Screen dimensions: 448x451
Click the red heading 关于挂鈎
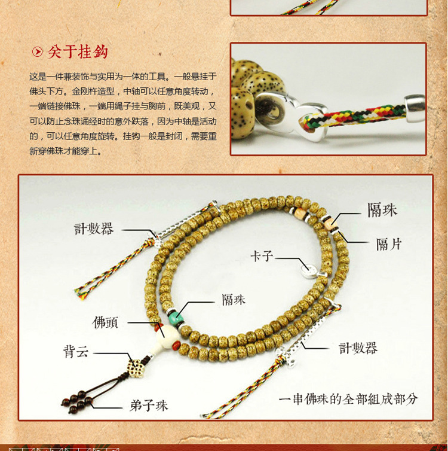point(78,52)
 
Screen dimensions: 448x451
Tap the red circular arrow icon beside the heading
point(37,52)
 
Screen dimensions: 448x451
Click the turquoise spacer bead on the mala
point(174,318)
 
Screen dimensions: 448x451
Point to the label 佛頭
point(105,323)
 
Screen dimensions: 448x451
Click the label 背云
point(75,352)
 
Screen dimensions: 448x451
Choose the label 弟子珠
point(149,406)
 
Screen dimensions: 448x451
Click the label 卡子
point(262,256)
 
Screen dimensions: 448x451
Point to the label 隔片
point(389,244)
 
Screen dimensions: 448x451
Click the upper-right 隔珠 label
point(382,210)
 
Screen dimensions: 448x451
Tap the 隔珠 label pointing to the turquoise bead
point(234,300)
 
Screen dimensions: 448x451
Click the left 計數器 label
point(94,229)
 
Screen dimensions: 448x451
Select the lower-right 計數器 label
point(358,348)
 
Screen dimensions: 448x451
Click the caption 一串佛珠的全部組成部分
point(348,399)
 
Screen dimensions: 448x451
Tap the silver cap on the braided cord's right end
point(415,108)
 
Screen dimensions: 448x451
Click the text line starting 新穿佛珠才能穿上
point(66,151)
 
